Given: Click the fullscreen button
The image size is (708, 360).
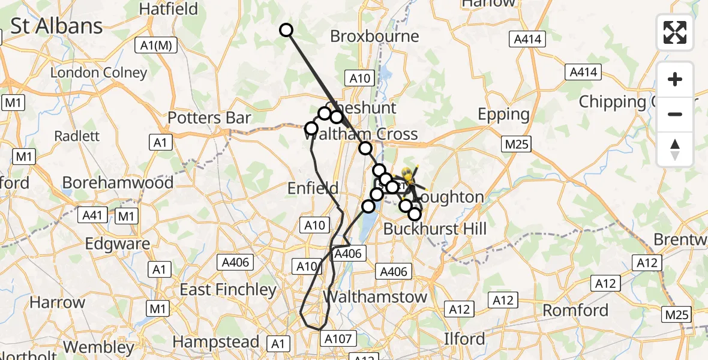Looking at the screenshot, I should (x=675, y=32).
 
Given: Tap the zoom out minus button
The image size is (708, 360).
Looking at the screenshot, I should (x=675, y=114).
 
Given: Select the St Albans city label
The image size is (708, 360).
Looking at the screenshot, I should (x=57, y=26).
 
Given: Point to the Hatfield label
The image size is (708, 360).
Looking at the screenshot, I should (x=168, y=8).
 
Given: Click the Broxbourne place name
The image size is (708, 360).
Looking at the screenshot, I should (x=374, y=36).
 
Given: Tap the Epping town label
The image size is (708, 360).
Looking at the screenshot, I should (x=503, y=114).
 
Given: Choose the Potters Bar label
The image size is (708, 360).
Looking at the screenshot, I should (x=209, y=118).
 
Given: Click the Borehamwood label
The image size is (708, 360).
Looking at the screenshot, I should (x=118, y=182).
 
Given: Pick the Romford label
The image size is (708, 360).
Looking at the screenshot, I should (x=575, y=310).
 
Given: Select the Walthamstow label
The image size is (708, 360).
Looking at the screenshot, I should (x=376, y=296).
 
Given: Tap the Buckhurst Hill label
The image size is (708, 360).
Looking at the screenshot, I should (x=434, y=228).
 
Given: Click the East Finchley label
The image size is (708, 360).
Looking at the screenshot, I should (x=228, y=290).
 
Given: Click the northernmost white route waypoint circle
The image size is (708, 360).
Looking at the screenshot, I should (x=286, y=30).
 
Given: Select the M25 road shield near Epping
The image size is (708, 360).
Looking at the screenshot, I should (x=516, y=144).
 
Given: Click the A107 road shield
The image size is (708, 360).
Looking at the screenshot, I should (x=338, y=339).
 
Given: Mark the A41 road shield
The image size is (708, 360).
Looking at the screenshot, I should (x=94, y=215).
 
